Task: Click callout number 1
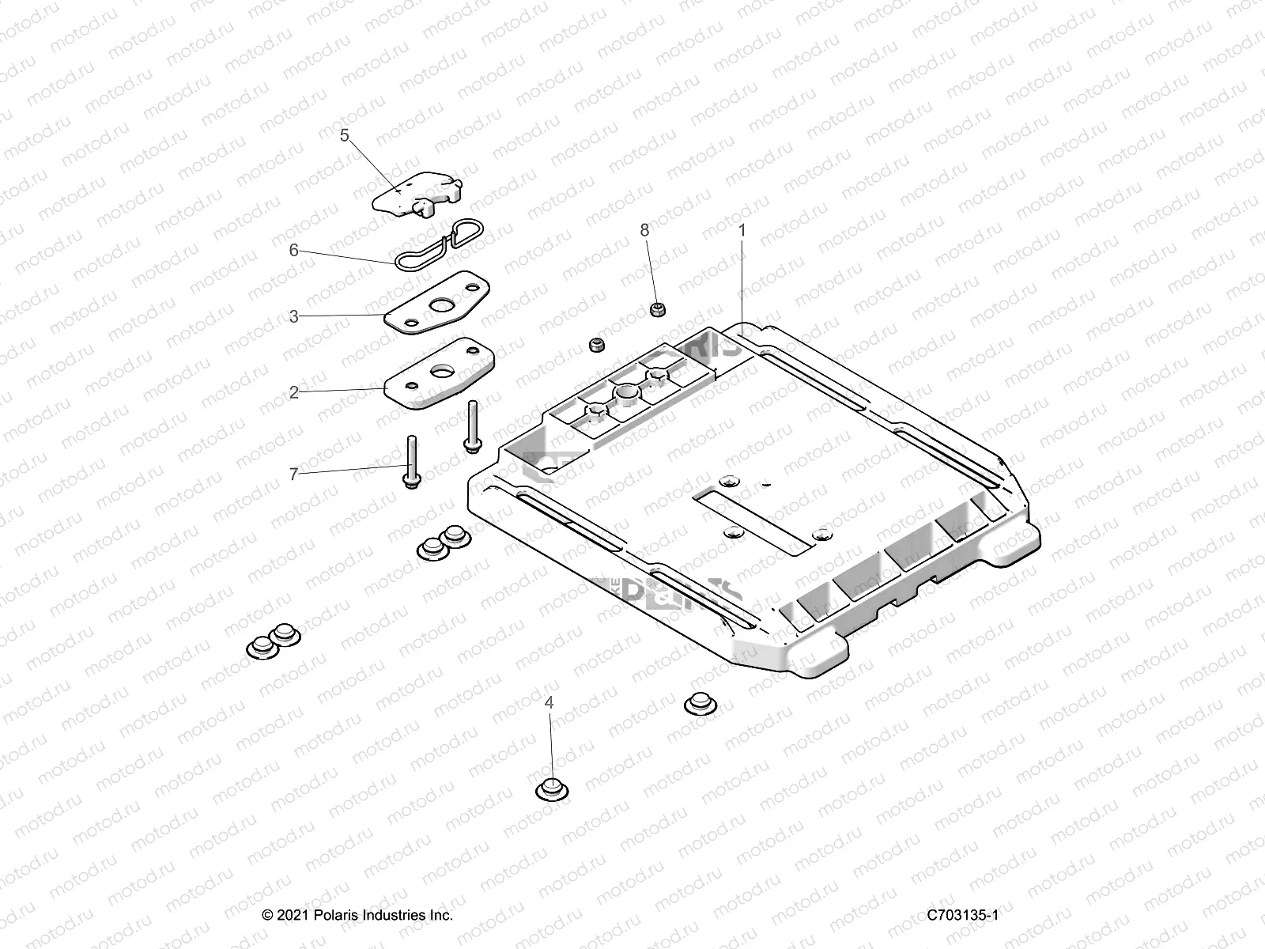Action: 742,229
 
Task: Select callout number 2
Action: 294,392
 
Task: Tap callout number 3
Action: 294,316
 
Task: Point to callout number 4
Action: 549,702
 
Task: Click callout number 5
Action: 345,135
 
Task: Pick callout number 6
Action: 294,250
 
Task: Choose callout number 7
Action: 294,475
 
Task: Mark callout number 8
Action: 644,229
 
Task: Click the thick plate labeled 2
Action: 435,373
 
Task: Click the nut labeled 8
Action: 656,309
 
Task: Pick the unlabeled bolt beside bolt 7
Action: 472,427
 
